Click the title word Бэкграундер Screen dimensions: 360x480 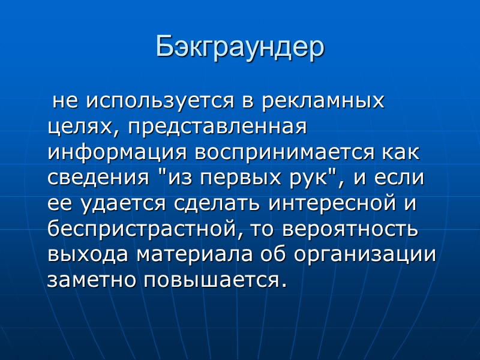240,47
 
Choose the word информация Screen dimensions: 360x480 118,152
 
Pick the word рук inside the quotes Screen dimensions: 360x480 308,178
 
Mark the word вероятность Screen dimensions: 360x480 351,229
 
